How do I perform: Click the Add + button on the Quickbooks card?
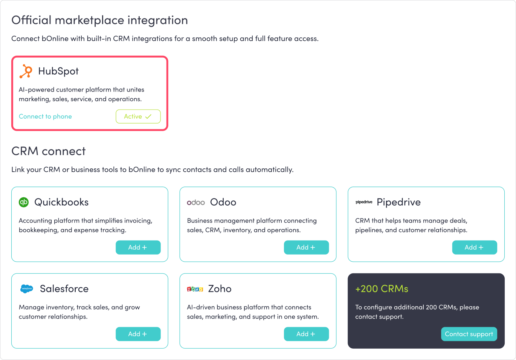[x=138, y=247]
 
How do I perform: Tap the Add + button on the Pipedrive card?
[x=475, y=247]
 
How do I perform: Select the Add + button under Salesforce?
[x=138, y=334]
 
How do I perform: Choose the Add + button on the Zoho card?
[x=306, y=334]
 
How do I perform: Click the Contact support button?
[x=469, y=334]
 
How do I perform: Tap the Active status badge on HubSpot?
[x=138, y=116]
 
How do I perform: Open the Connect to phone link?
[x=45, y=116]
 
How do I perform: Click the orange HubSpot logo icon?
[x=26, y=71]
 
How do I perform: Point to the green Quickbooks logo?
[x=24, y=202]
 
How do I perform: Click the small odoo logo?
[x=196, y=203]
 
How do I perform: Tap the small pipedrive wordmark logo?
[x=364, y=202]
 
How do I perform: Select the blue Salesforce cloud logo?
[x=27, y=288]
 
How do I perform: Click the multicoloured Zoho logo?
[x=195, y=289]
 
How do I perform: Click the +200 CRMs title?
[x=382, y=289]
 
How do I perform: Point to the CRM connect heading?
[x=48, y=151]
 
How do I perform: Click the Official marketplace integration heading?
[x=99, y=20]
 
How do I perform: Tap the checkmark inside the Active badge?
[x=148, y=116]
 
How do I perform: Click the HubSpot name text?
[x=58, y=71]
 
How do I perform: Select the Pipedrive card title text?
[x=398, y=202]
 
